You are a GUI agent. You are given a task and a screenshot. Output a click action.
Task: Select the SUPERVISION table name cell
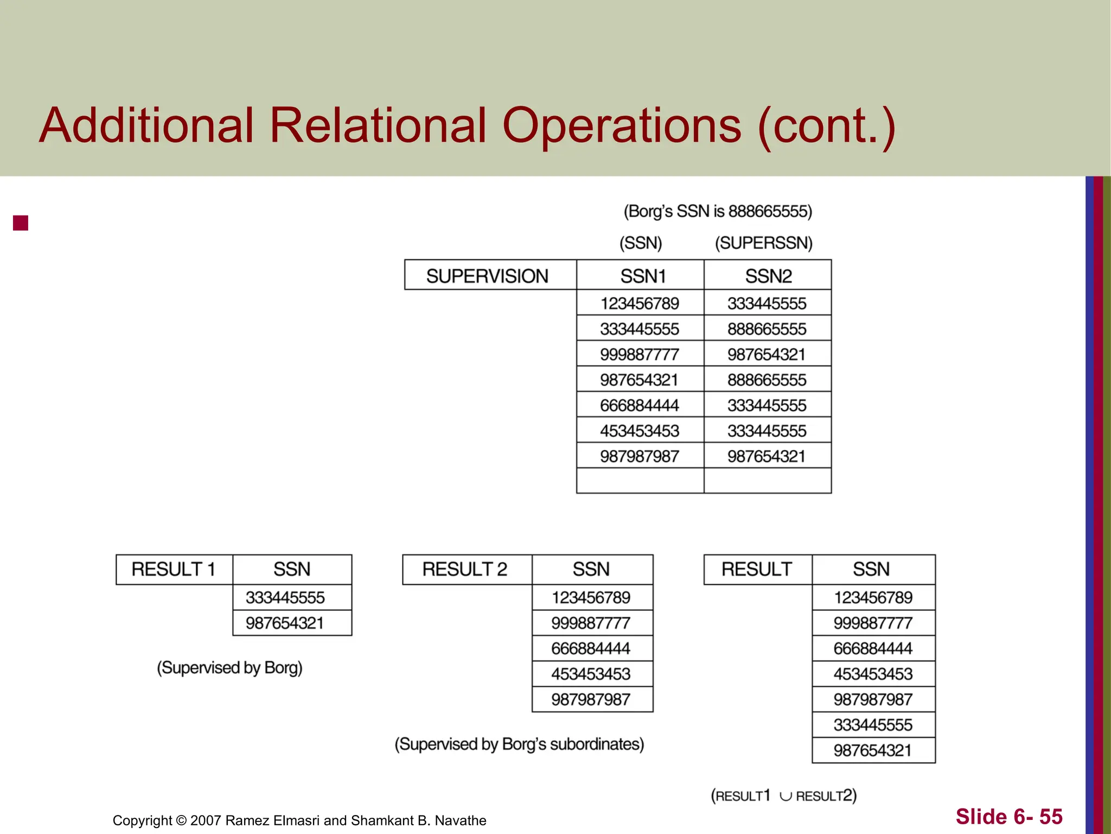click(x=487, y=276)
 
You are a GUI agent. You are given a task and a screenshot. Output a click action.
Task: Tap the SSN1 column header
click(x=643, y=276)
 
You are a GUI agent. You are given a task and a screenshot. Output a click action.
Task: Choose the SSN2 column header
click(x=768, y=276)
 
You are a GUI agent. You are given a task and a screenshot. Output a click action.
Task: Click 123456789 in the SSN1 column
click(x=640, y=303)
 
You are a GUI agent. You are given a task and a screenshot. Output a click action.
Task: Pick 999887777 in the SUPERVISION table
click(x=640, y=355)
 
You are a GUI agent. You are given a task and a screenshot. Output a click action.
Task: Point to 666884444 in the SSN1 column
click(x=640, y=405)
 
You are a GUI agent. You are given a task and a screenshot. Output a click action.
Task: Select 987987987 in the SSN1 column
click(x=640, y=456)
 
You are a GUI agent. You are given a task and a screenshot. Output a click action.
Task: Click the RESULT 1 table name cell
click(x=174, y=569)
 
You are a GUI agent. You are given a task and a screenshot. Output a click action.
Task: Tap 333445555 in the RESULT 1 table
click(x=285, y=597)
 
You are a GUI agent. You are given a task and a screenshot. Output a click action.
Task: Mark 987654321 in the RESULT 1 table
click(x=285, y=623)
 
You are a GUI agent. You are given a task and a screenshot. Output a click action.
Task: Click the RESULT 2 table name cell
click(x=465, y=569)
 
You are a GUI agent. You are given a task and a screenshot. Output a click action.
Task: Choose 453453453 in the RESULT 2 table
click(x=591, y=674)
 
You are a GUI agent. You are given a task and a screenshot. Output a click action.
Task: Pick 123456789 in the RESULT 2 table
click(x=591, y=597)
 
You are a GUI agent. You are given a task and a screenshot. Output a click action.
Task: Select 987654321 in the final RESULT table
click(x=873, y=750)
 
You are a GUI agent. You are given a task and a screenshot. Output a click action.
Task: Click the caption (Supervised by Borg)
click(x=229, y=667)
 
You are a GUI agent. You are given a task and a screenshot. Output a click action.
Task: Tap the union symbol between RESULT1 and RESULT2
click(x=785, y=797)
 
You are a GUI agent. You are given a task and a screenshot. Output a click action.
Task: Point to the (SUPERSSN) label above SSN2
click(x=764, y=243)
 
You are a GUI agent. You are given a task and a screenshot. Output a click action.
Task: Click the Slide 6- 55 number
click(x=1009, y=817)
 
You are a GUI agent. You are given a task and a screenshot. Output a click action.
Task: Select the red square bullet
click(x=21, y=223)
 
